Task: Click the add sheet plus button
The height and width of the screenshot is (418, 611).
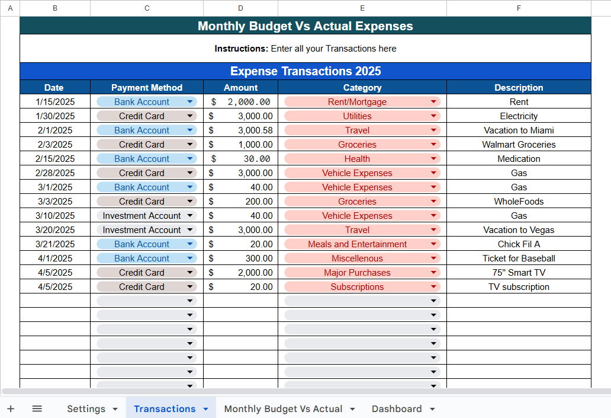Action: point(11,409)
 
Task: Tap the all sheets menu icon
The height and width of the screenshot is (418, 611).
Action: point(37,409)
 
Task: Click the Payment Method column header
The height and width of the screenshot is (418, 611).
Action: point(147,88)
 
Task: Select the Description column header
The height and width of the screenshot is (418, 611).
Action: point(519,88)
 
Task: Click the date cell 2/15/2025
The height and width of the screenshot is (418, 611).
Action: point(54,159)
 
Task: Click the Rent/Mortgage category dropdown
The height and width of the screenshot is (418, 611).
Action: point(362,102)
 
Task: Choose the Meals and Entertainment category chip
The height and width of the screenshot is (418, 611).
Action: point(358,244)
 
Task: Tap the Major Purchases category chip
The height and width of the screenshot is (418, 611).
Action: point(357,273)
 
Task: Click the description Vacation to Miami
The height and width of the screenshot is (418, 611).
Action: point(519,130)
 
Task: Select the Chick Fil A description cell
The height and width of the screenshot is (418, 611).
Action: point(519,244)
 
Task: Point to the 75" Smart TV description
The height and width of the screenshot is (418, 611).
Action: point(519,273)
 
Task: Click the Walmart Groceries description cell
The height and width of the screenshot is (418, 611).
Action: point(519,145)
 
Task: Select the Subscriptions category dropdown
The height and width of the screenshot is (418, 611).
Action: point(362,287)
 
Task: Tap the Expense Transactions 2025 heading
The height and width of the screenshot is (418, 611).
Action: point(305,71)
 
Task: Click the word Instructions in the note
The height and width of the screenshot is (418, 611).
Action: point(240,49)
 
